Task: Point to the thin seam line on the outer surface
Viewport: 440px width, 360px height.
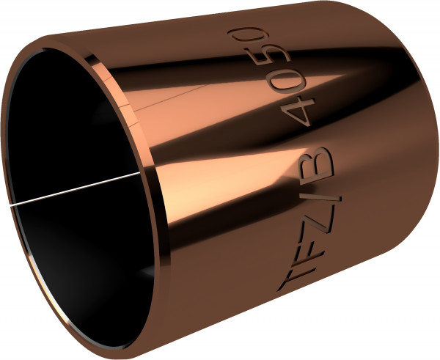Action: coord(158,107)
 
